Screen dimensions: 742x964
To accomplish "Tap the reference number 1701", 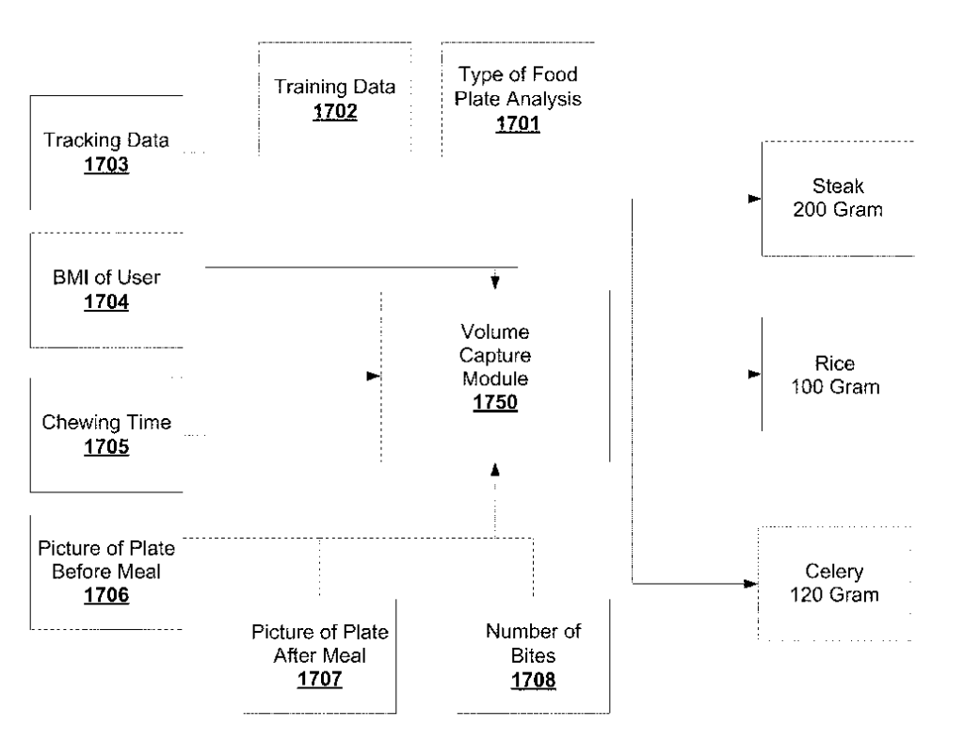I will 518,122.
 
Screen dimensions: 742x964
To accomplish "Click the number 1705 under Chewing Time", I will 105,447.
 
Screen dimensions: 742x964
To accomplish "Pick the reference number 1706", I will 105,595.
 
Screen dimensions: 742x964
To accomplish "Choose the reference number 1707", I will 319,678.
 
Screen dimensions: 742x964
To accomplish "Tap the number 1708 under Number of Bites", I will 534,678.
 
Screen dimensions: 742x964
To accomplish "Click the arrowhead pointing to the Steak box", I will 753,200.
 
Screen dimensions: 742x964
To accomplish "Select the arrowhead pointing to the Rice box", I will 753,375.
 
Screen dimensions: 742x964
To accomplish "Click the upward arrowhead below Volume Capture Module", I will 495,468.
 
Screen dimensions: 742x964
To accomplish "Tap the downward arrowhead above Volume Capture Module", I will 495,282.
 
